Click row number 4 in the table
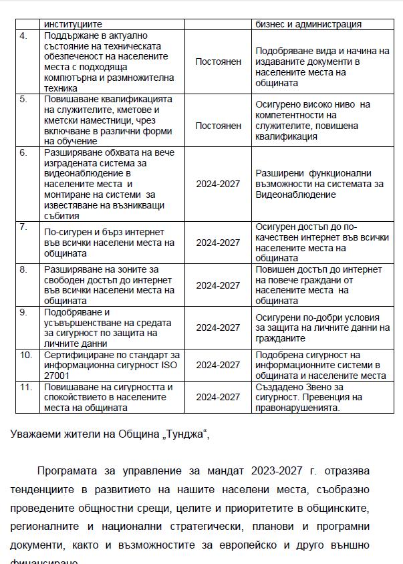(x=24, y=35)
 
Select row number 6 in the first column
(x=24, y=152)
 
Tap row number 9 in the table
(x=24, y=312)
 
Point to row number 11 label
(x=25, y=387)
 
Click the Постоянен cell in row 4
(x=218, y=61)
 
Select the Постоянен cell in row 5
(x=218, y=126)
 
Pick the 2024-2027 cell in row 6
(x=218, y=184)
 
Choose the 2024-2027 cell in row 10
(x=218, y=365)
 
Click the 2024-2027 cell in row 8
(x=218, y=285)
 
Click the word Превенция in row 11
(x=341, y=397)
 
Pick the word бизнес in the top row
(x=272, y=24)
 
